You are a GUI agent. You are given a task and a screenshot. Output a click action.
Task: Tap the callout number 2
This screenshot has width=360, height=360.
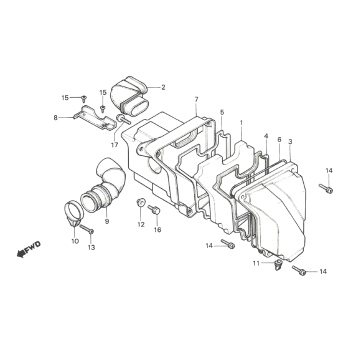click(x=163, y=88)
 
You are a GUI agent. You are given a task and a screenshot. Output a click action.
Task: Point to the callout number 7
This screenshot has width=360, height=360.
click(x=196, y=100)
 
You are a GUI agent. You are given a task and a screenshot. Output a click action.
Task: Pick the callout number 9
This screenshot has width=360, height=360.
click(x=106, y=220)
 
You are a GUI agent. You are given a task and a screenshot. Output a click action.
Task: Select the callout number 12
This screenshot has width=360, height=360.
click(x=141, y=227)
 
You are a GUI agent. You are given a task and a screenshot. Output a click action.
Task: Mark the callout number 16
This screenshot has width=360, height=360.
click(x=157, y=229)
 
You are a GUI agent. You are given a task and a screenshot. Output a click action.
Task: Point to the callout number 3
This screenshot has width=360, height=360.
click(x=290, y=143)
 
